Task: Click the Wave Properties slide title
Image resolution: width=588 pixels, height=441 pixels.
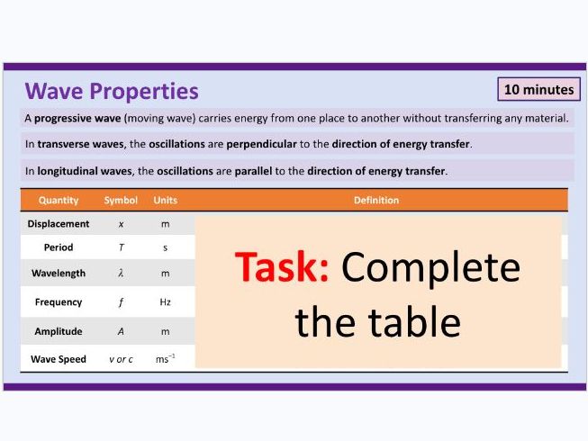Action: pyautogui.click(x=112, y=91)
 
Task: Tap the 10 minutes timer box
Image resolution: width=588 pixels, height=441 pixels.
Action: pyautogui.click(x=538, y=89)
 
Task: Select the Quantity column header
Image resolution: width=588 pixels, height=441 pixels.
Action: pyautogui.click(x=59, y=200)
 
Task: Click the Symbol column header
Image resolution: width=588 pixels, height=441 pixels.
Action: pyautogui.click(x=121, y=200)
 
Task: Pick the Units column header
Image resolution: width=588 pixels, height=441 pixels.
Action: pyautogui.click(x=165, y=200)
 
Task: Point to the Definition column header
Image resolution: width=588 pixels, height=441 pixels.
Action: pyautogui.click(x=376, y=200)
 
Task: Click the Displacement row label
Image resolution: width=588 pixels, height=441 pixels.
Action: pyautogui.click(x=59, y=223)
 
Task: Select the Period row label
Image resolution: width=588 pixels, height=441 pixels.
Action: pyautogui.click(x=59, y=247)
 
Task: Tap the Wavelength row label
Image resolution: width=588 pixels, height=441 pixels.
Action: pyautogui.click(x=59, y=273)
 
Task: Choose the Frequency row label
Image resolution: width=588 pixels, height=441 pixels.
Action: pyautogui.click(x=59, y=302)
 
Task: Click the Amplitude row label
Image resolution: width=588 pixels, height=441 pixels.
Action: pyautogui.click(x=59, y=331)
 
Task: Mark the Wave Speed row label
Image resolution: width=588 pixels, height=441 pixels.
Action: pyautogui.click(x=59, y=359)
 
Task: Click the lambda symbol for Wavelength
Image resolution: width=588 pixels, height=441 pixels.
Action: pyautogui.click(x=121, y=273)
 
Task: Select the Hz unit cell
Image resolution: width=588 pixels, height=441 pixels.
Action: pyautogui.click(x=165, y=302)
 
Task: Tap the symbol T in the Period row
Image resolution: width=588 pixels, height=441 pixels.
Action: pyautogui.click(x=121, y=247)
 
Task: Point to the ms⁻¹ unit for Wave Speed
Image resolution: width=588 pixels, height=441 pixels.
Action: pyautogui.click(x=165, y=359)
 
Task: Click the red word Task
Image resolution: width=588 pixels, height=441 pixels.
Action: pyautogui.click(x=281, y=267)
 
